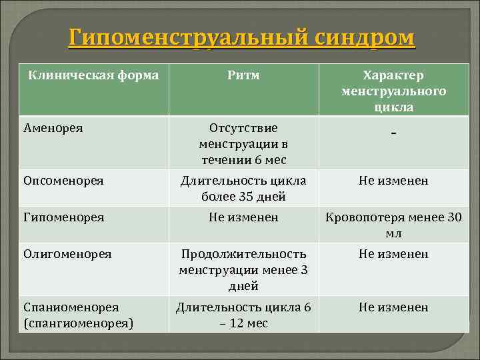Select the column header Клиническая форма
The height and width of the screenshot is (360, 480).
pyautogui.click(x=93, y=75)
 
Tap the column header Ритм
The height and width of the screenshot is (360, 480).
pyautogui.click(x=243, y=75)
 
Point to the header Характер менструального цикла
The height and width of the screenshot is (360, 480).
pyautogui.click(x=393, y=91)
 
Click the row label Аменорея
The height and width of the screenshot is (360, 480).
pyautogui.click(x=53, y=127)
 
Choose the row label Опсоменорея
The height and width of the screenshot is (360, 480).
pyautogui.click(x=63, y=181)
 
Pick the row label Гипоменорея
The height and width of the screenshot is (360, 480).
pyautogui.click(x=63, y=217)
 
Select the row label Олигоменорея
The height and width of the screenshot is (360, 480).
pyautogui.click(x=67, y=254)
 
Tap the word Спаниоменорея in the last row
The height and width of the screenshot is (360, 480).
pyautogui.click(x=71, y=307)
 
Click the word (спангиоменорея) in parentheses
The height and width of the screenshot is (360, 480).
pyautogui.click(x=78, y=323)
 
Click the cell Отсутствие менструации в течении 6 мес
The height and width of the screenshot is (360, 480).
pyautogui.click(x=243, y=143)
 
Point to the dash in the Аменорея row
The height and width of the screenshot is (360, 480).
pyautogui.click(x=394, y=135)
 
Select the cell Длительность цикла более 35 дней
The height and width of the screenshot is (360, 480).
pyautogui.click(x=243, y=189)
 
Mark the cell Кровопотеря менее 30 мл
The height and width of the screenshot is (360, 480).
pyautogui.click(x=393, y=225)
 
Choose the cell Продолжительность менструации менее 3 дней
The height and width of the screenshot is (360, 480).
pyautogui.click(x=243, y=270)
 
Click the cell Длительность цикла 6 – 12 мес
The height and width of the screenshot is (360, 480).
pyautogui.click(x=243, y=315)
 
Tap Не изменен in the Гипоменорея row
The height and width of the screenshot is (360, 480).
pyautogui.click(x=243, y=217)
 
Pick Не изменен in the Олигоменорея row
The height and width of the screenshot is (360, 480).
pyautogui.click(x=393, y=254)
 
